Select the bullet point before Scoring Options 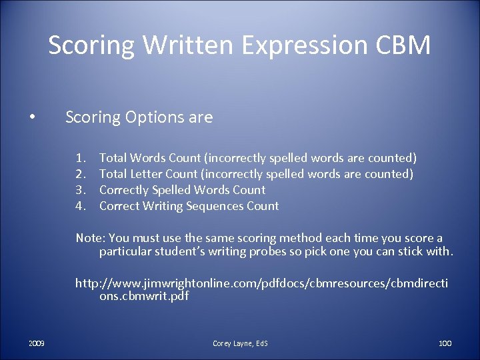32,119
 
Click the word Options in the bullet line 152,118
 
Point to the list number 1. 80,158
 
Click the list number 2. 80,174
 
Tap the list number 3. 80,190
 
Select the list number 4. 80,206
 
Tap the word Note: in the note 91,238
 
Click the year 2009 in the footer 37,343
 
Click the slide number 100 445,343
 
